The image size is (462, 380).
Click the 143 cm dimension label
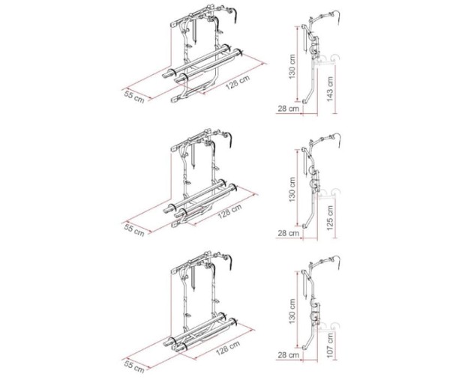tap(330, 89)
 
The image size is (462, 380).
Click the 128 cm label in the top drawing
tap(238, 82)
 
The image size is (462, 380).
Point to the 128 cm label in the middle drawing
tap(229, 211)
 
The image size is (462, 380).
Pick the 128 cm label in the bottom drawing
tap(228, 347)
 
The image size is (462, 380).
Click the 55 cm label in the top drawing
tap(135, 97)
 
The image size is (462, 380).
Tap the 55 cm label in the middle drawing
tap(135, 229)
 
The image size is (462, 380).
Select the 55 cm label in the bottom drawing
tap(135, 366)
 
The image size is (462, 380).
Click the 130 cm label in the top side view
tap(292, 67)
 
